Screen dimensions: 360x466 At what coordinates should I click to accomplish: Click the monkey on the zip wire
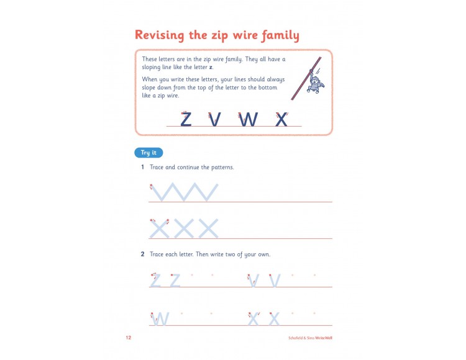click(x=316, y=81)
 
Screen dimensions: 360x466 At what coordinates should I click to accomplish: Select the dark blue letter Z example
click(x=186, y=119)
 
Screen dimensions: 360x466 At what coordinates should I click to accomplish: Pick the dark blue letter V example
click(x=215, y=119)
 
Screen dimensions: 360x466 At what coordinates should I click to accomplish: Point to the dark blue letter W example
click(x=248, y=119)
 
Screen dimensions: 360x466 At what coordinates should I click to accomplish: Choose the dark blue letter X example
click(x=281, y=119)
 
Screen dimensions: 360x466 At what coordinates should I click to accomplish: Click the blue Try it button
click(x=148, y=153)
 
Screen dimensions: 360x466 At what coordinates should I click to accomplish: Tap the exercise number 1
click(x=142, y=168)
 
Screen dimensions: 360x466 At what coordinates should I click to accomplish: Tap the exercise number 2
click(x=142, y=254)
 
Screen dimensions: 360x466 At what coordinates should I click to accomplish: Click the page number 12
click(x=129, y=338)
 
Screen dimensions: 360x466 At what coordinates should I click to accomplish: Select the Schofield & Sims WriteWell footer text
click(x=308, y=338)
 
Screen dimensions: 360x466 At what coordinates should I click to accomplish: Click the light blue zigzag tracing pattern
click(x=185, y=192)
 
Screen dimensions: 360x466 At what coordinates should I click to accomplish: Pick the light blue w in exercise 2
click(x=161, y=319)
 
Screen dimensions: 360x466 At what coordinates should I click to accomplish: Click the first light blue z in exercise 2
click(x=155, y=281)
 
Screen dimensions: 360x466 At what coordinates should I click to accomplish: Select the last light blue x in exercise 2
click(x=274, y=319)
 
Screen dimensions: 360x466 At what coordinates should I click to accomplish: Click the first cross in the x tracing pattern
click(x=159, y=229)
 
